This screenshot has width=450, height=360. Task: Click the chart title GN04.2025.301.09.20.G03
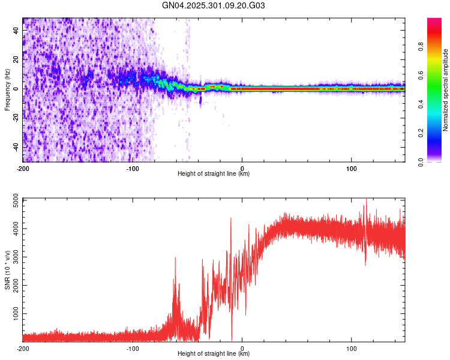point(214,5)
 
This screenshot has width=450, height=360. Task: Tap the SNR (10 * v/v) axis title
point(7,269)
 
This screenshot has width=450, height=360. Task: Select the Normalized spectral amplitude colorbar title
point(445,91)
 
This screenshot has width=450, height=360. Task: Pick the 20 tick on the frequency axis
point(16,59)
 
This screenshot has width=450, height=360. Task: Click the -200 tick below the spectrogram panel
point(23,168)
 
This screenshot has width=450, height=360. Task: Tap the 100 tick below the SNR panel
point(351,348)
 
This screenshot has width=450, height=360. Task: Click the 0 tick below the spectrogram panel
point(242,168)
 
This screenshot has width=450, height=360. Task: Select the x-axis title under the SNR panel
point(214,354)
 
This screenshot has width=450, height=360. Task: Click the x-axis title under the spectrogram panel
point(214,174)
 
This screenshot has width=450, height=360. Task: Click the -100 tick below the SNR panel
point(133,348)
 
